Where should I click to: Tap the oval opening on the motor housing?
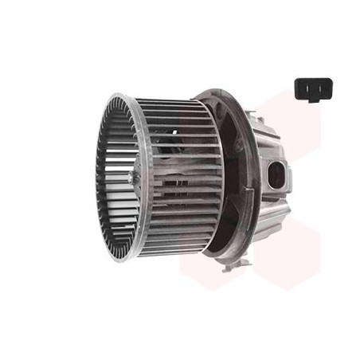tap(276, 175)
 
